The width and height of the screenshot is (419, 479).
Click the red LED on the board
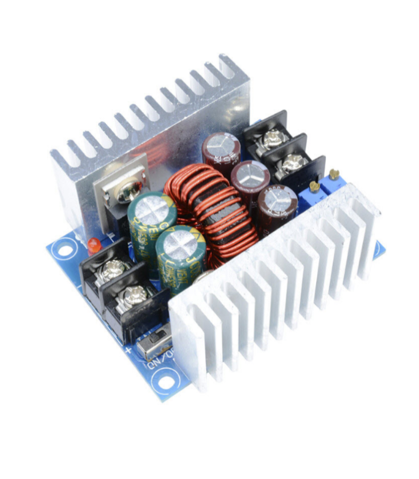(93, 244)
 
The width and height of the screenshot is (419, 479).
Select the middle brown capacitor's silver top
(250, 174)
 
